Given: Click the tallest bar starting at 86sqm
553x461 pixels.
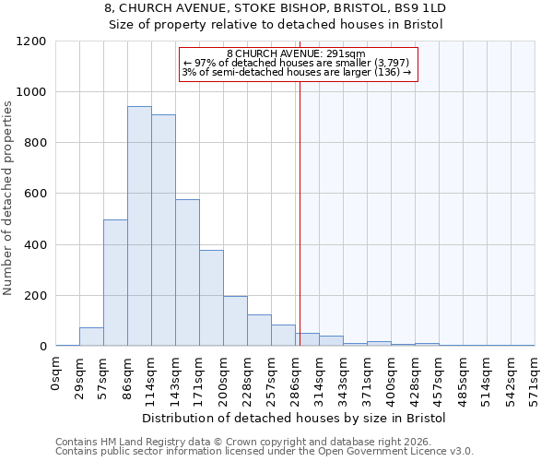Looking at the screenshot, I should click(139, 226).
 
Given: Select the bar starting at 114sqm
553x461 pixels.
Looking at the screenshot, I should click(163, 230).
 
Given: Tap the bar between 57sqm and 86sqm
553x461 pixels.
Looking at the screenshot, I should click(115, 283).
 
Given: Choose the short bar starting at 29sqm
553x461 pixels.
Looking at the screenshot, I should click(91, 337).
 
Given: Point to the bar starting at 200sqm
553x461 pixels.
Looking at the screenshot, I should click(235, 321).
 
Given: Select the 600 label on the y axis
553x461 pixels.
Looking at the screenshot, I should click(36, 194).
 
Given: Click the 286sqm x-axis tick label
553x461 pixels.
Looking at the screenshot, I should click(296, 379).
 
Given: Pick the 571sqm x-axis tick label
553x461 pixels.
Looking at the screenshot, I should click(535, 379).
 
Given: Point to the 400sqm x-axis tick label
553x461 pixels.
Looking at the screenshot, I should click(392, 379).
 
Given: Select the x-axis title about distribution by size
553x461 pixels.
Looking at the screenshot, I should click(295, 419).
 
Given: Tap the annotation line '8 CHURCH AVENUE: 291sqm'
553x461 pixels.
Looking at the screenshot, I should click(296, 53).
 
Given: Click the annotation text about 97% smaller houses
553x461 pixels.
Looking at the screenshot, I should click(296, 63).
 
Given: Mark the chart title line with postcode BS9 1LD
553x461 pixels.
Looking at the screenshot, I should click(276, 7).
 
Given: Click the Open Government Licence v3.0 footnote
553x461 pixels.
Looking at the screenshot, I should click(265, 451).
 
